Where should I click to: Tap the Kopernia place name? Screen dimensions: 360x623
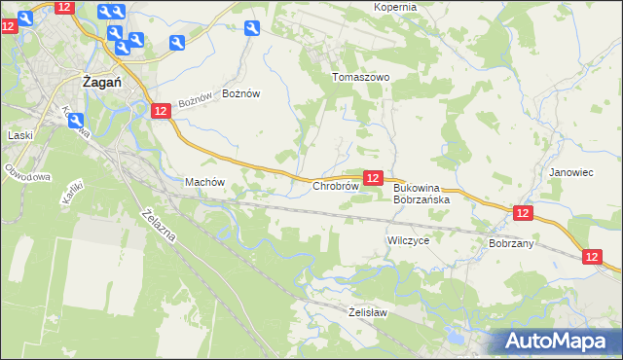[x=395, y=7]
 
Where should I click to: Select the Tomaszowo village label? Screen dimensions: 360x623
[x=360, y=77]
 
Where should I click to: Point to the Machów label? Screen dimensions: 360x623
[x=204, y=182]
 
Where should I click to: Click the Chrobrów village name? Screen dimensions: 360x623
[x=336, y=185]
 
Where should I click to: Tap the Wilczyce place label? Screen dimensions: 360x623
[x=408, y=239]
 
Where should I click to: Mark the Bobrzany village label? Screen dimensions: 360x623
[x=511, y=243]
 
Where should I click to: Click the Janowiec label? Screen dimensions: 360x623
[x=570, y=172]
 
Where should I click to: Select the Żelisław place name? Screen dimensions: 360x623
[x=368, y=312]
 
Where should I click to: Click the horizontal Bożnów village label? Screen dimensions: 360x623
[x=241, y=93]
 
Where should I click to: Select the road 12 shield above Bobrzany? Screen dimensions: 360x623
[x=523, y=213]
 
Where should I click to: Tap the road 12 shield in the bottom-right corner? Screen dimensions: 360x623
[x=593, y=256]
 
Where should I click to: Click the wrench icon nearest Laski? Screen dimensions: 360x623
[x=74, y=120]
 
